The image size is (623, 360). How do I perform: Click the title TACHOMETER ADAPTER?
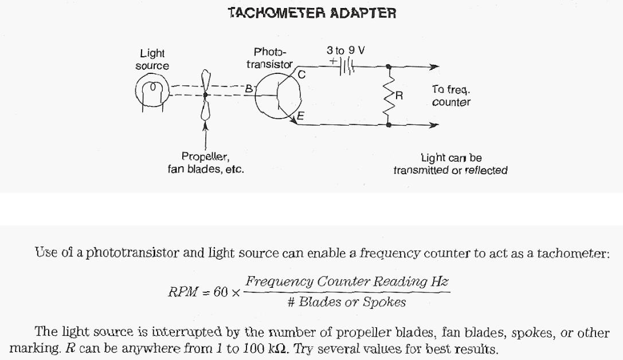312,13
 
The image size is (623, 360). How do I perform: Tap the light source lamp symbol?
152,92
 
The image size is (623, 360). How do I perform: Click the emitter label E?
300,116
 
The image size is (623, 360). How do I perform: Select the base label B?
249,89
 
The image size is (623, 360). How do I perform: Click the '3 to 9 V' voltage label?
346,50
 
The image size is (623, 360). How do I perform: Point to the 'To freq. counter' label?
451,96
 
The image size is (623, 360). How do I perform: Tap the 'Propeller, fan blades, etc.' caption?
206,163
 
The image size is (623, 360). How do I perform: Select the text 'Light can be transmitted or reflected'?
450,164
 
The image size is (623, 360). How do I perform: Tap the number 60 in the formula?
220,291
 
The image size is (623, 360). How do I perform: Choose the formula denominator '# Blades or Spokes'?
347,302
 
